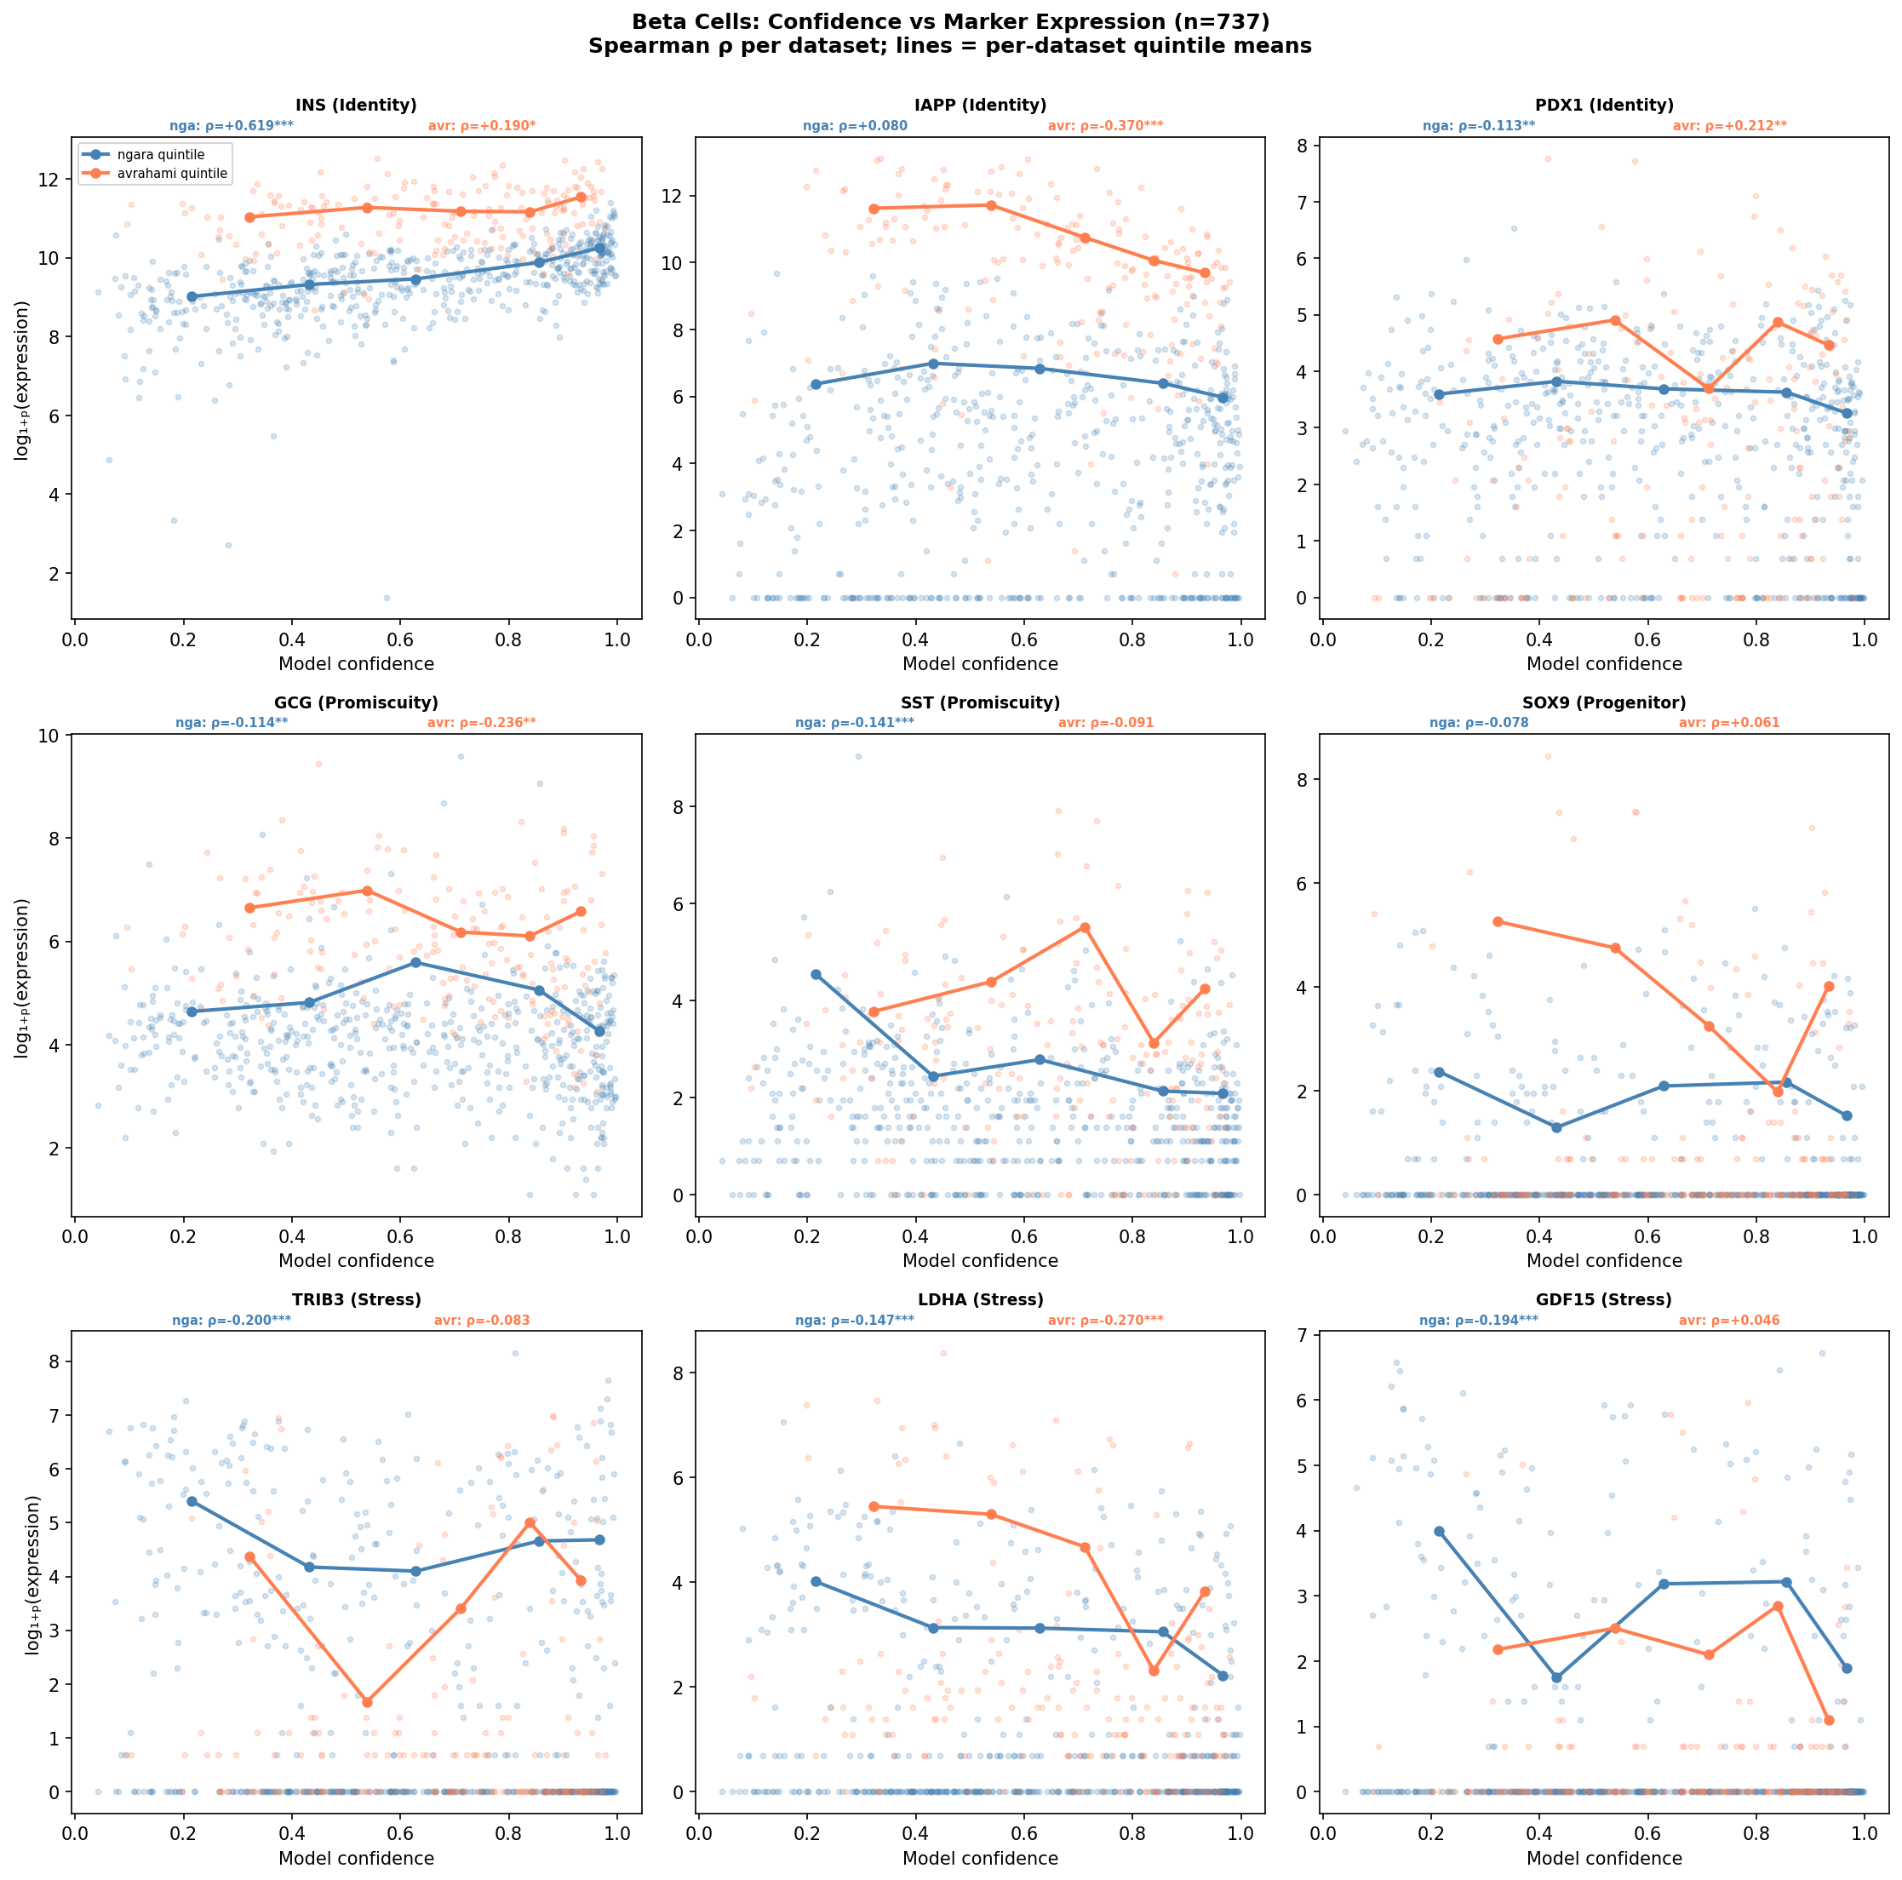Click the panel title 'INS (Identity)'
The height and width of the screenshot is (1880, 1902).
click(357, 106)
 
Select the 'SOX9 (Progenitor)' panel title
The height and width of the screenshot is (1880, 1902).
click(1604, 702)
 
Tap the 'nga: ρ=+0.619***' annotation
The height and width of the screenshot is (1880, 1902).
click(232, 126)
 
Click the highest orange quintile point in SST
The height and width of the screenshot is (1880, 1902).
click(1085, 927)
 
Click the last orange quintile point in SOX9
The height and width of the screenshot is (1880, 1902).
click(1828, 986)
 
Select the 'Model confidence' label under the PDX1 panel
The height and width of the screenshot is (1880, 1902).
click(1604, 664)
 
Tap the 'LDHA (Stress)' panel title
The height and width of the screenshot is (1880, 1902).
click(980, 1300)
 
